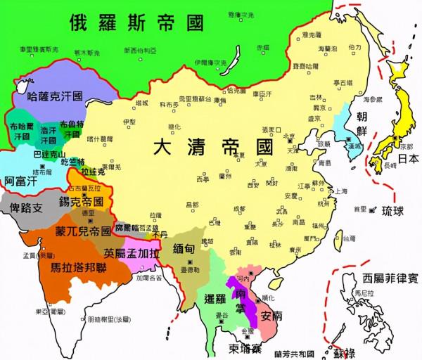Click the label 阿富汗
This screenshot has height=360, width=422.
20,181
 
